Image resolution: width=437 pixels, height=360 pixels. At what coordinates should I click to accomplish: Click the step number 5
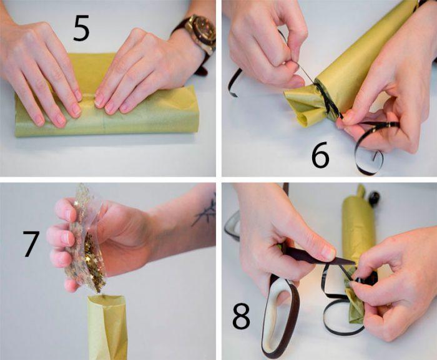81,29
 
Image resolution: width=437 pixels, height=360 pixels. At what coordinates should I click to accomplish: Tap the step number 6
320,157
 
